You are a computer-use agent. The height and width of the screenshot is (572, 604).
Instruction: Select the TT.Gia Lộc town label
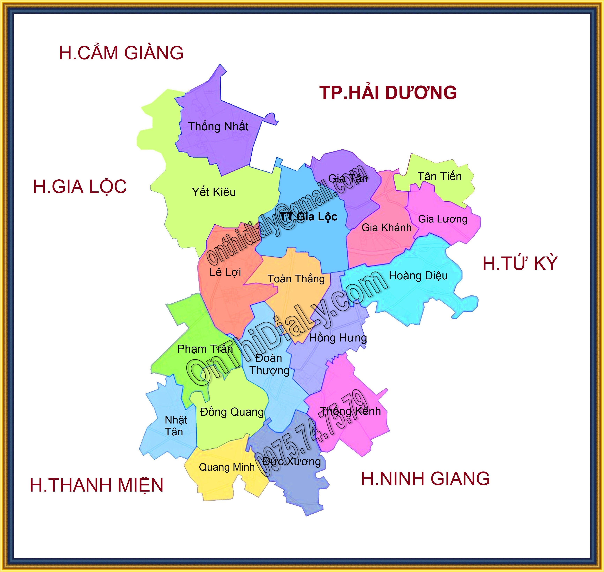(309, 217)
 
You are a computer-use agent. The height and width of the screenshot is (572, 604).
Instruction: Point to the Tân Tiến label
(439, 176)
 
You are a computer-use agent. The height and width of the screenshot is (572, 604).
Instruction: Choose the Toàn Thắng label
(296, 279)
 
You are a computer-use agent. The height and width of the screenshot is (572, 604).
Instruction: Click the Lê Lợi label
(225, 272)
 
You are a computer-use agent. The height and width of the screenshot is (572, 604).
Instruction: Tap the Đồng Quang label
(232, 412)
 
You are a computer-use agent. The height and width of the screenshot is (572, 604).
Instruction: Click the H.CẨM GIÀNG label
(121, 53)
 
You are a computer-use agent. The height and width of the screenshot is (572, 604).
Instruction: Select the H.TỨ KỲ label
(520, 263)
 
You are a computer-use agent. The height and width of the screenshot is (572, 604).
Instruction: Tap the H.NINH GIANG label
(425, 478)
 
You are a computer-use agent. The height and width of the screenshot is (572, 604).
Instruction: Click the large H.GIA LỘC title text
(80, 187)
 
